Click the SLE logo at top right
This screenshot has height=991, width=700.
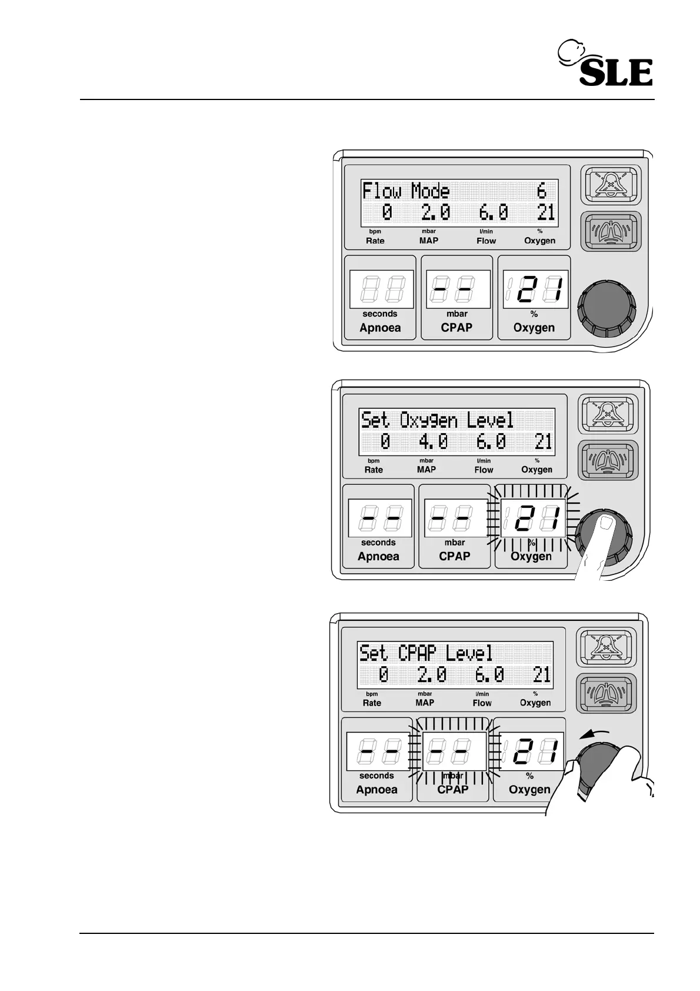(x=606, y=65)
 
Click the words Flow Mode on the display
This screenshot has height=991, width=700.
(x=406, y=191)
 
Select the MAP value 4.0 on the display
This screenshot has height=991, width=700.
(x=434, y=441)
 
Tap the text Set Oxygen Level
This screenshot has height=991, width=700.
(x=437, y=420)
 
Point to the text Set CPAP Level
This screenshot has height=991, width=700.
(x=426, y=653)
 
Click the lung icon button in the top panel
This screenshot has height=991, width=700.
(x=611, y=231)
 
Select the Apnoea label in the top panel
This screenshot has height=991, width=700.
(x=380, y=328)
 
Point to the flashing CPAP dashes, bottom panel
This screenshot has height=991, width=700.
(x=454, y=752)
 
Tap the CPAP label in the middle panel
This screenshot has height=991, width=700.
(x=455, y=556)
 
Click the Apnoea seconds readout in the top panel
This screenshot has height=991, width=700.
(x=381, y=290)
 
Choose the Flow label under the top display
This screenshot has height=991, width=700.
(x=486, y=241)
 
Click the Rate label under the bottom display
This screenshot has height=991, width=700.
(x=372, y=703)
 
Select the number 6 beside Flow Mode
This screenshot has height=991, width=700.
(x=541, y=191)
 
